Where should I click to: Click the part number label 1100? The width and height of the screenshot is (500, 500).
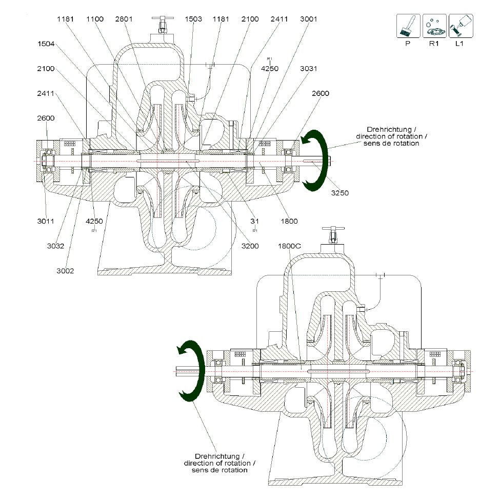(x=95, y=19)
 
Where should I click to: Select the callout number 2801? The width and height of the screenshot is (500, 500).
(x=124, y=19)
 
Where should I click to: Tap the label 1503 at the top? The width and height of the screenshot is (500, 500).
(x=193, y=19)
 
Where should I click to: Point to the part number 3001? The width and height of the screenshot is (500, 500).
(x=309, y=19)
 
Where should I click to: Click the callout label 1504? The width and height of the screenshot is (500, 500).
(x=46, y=44)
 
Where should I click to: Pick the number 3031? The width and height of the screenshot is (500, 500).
(x=309, y=69)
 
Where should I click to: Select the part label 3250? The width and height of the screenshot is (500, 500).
(x=340, y=193)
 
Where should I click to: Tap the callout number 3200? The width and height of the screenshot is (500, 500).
(x=250, y=246)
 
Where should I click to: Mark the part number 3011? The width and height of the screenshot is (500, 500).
(x=46, y=222)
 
